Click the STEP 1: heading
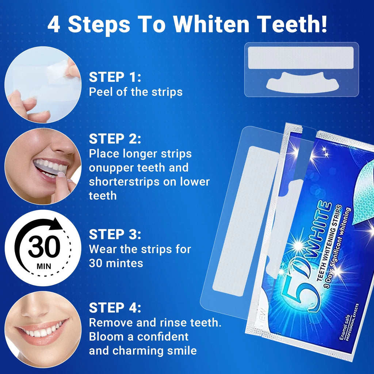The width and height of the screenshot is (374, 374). coord(115,77)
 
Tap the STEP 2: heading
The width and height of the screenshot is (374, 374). coord(115,139)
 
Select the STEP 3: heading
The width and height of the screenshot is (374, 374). coord(115,235)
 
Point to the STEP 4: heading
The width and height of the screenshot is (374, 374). coord(115,308)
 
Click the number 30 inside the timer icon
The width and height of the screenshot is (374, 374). coord(44,247)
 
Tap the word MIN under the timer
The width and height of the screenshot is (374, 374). coord(44,266)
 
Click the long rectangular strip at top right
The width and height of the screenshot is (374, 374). coord(301,58)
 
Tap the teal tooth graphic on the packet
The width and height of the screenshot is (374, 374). coord(360,197)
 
